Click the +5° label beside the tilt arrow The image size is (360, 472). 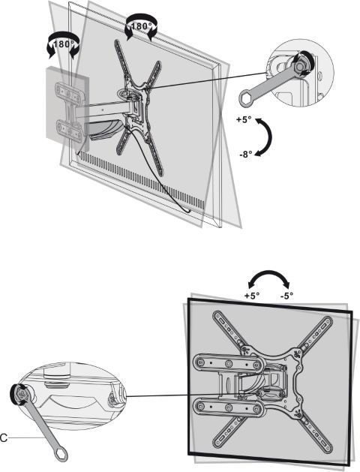[243, 119]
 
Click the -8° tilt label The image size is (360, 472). [246, 155]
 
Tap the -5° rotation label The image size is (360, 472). [286, 296]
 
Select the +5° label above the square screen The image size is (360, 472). [252, 296]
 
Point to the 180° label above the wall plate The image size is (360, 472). [63, 44]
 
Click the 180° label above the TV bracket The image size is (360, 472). [140, 26]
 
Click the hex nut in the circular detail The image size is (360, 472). [301, 66]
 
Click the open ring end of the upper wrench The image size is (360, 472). [246, 98]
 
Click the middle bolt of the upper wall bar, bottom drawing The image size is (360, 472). [228, 364]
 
